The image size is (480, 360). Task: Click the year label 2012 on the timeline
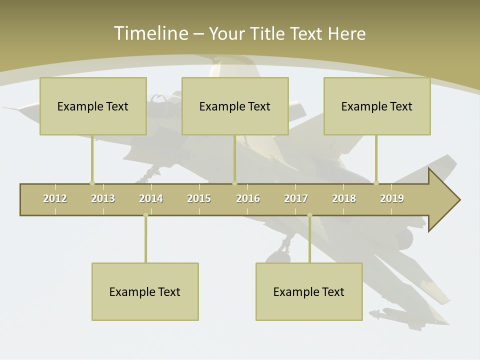click(55, 198)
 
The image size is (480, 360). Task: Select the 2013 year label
click(103, 198)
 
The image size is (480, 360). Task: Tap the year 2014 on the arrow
click(151, 198)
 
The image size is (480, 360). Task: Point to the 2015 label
click(199, 198)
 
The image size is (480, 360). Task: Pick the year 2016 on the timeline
click(248, 198)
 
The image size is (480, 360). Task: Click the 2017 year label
click(296, 198)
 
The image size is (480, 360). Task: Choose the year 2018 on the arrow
click(344, 198)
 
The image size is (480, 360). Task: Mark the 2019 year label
click(392, 198)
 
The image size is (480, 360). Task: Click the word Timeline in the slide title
click(150, 33)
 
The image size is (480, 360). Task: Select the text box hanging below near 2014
click(145, 291)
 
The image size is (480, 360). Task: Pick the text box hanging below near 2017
click(309, 291)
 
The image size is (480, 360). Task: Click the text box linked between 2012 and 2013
click(93, 106)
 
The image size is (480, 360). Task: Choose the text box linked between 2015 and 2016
click(235, 106)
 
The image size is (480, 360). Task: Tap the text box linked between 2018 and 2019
click(377, 106)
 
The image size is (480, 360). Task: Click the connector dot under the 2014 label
click(145, 215)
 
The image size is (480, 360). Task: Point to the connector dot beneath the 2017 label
click(309, 215)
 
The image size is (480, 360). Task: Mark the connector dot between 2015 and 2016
click(234, 183)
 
